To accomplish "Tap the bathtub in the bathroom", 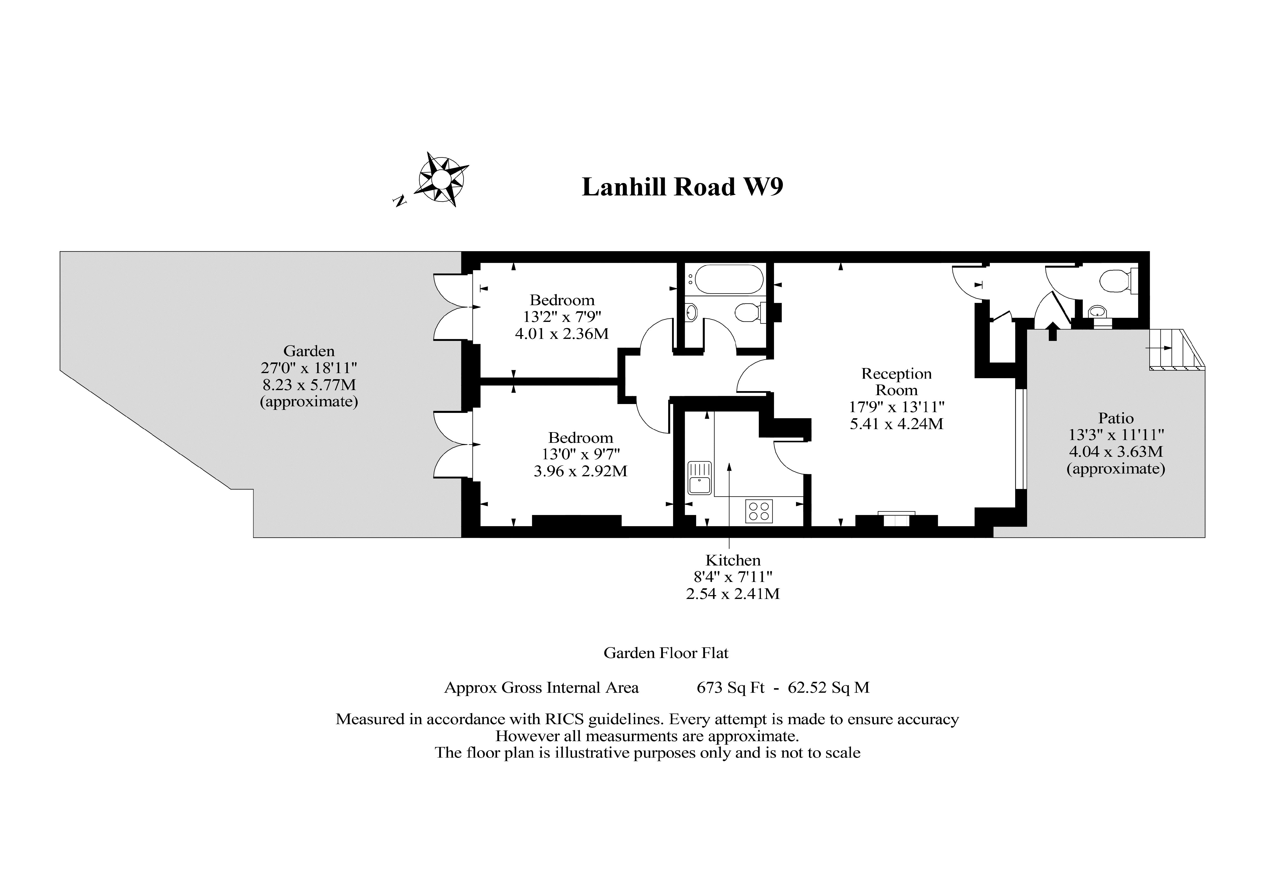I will (729, 279).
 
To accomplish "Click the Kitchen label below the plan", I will (733, 560).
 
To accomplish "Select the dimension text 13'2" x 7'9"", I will (562, 317).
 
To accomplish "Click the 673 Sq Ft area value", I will (731, 688).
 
